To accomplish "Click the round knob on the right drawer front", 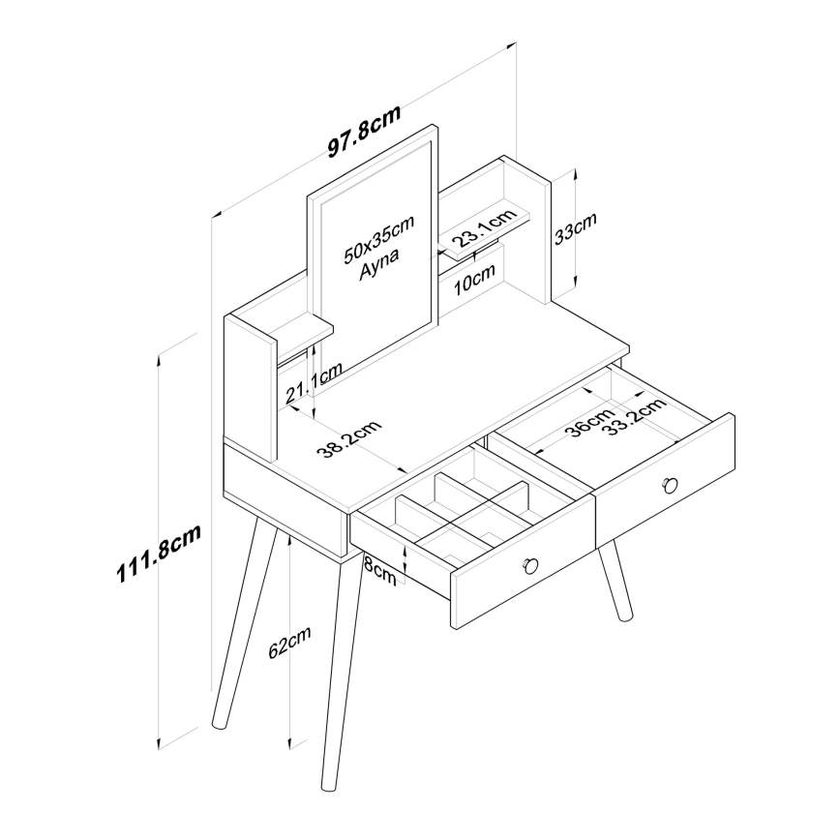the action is point(670,485).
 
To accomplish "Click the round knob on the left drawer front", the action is point(530,565).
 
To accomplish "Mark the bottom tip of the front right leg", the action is point(625,618).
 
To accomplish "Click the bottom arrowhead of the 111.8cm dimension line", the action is point(159,746).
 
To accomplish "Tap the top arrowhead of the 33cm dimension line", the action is point(576,173).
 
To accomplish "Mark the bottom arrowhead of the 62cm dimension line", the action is point(289,743).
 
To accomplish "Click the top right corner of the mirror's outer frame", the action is point(437,127).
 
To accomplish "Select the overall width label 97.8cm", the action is point(364,132).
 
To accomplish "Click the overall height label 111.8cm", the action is point(159,553).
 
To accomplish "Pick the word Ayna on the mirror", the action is point(378,263).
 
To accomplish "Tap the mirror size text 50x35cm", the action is point(378,238).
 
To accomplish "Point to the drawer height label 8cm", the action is point(379,571).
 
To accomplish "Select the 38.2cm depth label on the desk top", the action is point(348,439).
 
